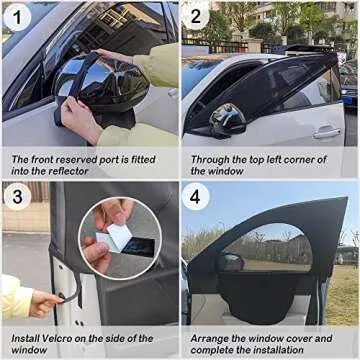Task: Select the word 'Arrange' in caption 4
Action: (x=211, y=339)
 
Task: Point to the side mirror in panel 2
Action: (x=227, y=119)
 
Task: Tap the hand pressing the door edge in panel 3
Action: (x=43, y=299)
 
